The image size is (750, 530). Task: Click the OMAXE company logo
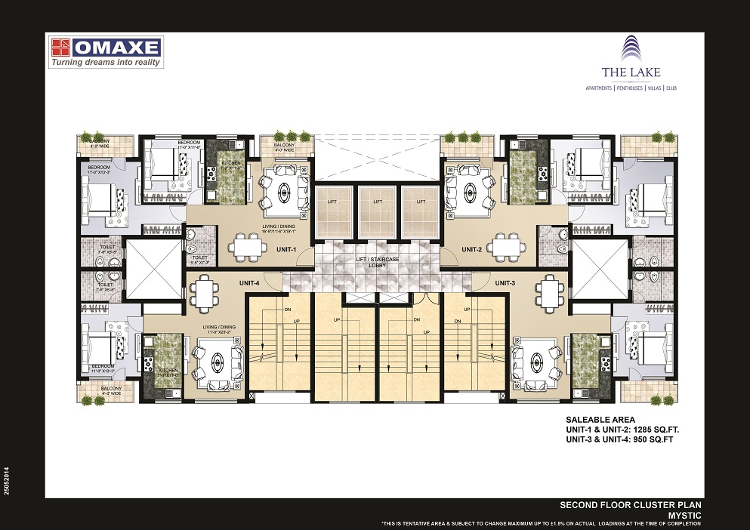(106, 48)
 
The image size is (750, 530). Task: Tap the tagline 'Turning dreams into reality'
(106, 63)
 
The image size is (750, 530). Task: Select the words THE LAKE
(631, 72)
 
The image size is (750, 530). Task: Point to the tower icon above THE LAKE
(631, 48)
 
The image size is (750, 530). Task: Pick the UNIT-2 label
(472, 248)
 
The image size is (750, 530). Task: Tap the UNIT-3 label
(505, 282)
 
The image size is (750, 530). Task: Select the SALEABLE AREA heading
(600, 419)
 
